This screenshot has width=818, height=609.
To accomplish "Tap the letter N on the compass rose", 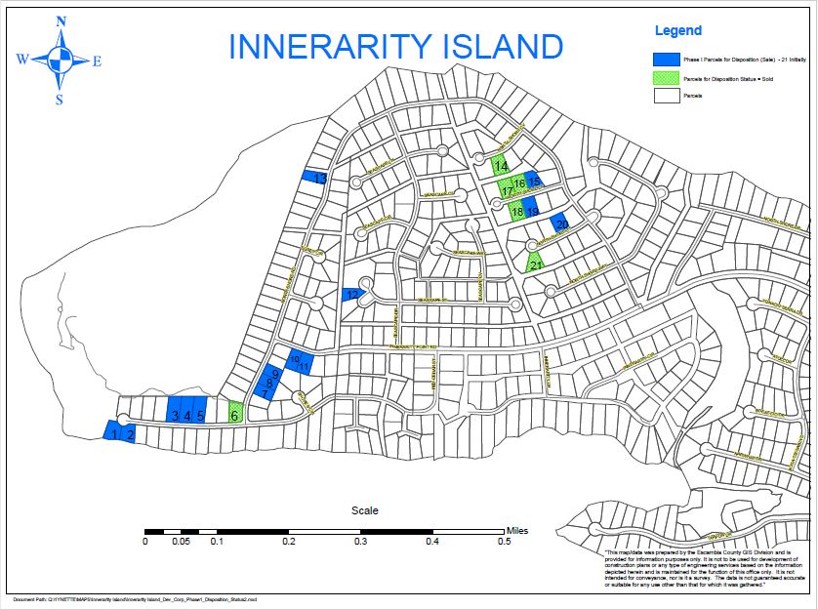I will pyautogui.click(x=61, y=21).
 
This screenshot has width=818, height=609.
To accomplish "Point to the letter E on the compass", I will pyautogui.click(x=97, y=61).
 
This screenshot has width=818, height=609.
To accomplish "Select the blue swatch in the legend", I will pyautogui.click(x=667, y=61).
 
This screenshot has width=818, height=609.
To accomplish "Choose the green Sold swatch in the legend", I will pyautogui.click(x=667, y=78).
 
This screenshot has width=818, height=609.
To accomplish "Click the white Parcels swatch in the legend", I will pyautogui.click(x=667, y=96).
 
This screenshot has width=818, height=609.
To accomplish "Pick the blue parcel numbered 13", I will pyautogui.click(x=315, y=178).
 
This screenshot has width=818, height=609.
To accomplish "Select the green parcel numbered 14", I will pyautogui.click(x=500, y=165).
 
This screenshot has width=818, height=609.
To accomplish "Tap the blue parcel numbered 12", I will pyautogui.click(x=351, y=294).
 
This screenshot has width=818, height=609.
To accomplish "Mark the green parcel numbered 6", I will pyautogui.click(x=234, y=413).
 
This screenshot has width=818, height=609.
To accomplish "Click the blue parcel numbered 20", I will pyautogui.click(x=559, y=223).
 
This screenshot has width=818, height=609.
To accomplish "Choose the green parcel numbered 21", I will pyautogui.click(x=535, y=262).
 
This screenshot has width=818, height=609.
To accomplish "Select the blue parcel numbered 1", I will pyautogui.click(x=112, y=431).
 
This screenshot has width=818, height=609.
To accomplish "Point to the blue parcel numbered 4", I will pyautogui.click(x=187, y=409).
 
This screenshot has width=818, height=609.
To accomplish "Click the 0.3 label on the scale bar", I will pyautogui.click(x=361, y=541).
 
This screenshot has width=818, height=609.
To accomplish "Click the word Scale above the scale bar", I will pyautogui.click(x=364, y=509).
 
